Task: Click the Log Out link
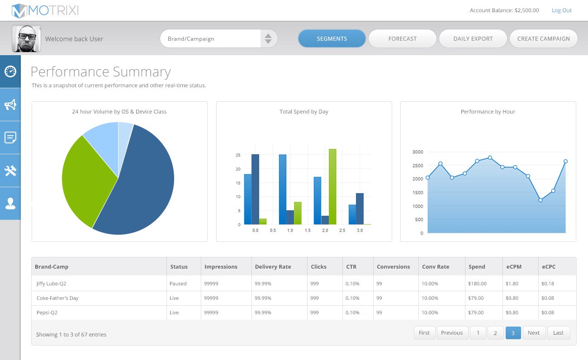[x=561, y=10]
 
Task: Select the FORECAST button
[x=403, y=38]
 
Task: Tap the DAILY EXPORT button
[x=473, y=38]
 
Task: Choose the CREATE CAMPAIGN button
[x=543, y=38]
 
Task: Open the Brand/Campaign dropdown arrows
[x=268, y=38]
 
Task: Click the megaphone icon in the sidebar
[x=10, y=104]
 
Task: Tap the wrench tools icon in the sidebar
[x=10, y=171]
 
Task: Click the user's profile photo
[x=26, y=38]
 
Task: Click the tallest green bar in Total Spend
[x=332, y=187]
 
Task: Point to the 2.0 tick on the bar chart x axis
[x=325, y=230]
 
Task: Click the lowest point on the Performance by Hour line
[x=540, y=200]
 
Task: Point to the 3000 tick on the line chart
[x=417, y=152]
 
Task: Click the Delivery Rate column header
[x=273, y=266]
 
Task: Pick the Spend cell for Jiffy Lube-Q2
[x=477, y=284]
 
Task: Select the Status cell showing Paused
[x=178, y=284]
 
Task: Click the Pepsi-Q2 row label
[x=47, y=313]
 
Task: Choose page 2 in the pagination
[x=495, y=333]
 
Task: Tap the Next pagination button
[x=534, y=333]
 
